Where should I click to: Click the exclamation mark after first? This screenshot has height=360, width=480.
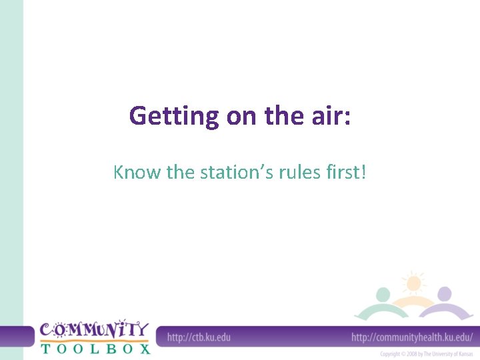click(363, 173)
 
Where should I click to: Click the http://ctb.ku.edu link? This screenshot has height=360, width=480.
click(199, 337)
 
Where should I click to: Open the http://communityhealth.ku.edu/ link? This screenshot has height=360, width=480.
click(412, 337)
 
